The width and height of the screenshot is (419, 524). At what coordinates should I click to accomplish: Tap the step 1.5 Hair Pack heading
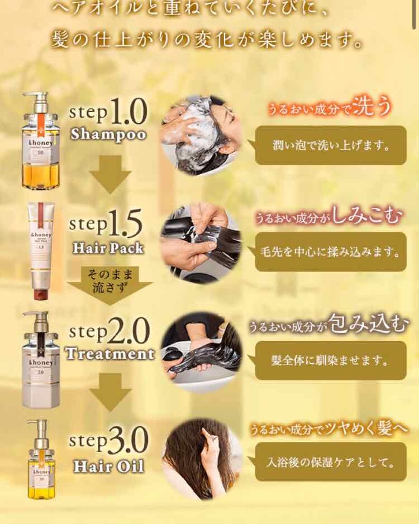point(107,232)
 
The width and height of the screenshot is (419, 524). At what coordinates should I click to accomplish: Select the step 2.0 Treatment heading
point(110,342)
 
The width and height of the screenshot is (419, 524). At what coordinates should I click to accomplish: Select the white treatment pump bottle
point(41,364)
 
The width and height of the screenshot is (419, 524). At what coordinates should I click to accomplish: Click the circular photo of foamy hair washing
point(201,135)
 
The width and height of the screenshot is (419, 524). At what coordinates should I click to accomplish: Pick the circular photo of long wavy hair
point(201,458)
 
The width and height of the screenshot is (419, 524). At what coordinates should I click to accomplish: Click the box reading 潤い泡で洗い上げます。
point(331,146)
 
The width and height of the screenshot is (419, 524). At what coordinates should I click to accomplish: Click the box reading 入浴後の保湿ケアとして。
point(331,462)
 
